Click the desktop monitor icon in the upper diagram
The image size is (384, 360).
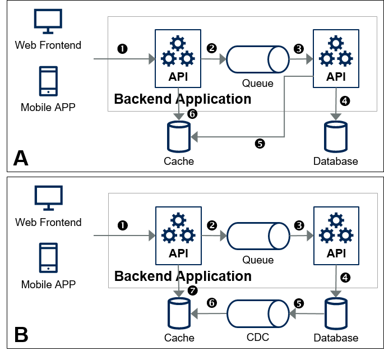[x=48, y=21]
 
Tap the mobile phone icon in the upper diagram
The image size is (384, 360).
[x=48, y=81]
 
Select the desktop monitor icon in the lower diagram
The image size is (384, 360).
[x=48, y=197]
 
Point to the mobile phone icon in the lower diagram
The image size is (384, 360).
[x=48, y=257]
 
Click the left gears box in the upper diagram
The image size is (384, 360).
[x=178, y=58]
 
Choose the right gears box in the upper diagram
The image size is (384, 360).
[x=336, y=58]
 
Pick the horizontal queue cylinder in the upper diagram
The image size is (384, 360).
[x=257, y=59]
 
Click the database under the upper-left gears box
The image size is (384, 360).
[x=179, y=137]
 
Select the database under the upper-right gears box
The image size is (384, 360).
[x=336, y=137]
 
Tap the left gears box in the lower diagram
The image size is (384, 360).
[x=178, y=236]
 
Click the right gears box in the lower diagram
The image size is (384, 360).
[x=336, y=236]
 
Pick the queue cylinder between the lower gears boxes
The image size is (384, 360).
[x=258, y=236]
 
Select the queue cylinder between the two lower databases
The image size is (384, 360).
[x=258, y=313]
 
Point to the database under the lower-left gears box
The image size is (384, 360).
[x=179, y=313]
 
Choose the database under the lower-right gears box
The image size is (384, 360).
[x=336, y=313]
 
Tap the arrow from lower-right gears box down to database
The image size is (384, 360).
[x=336, y=280]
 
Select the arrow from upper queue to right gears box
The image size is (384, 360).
[x=301, y=59]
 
